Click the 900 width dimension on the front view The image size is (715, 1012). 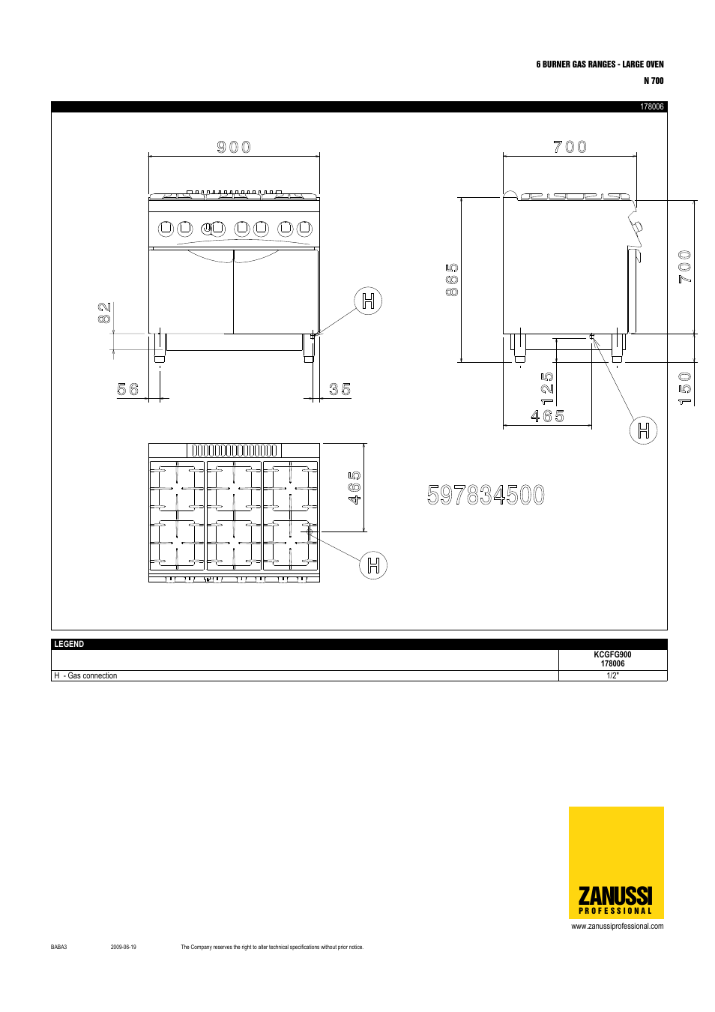[234, 147]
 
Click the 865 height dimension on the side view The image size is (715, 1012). [452, 280]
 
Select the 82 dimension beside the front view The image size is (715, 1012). [104, 313]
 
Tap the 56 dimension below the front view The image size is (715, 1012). [128, 389]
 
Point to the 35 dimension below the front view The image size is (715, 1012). [340, 389]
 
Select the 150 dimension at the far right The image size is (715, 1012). [685, 388]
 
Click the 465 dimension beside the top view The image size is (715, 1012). [355, 487]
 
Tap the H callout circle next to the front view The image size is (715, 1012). [368, 301]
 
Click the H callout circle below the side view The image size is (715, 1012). [643, 430]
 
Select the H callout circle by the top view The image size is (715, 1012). [373, 564]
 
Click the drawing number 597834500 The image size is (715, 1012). [486, 495]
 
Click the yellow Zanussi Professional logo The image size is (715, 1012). [616, 863]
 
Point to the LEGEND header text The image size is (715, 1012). [69, 644]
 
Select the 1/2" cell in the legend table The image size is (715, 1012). [612, 675]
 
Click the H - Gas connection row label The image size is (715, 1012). [85, 675]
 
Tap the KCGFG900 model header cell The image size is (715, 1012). [612, 659]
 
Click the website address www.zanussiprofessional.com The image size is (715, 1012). [617, 926]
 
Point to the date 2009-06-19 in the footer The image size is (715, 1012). [124, 947]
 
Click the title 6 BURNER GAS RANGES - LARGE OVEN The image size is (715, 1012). [600, 64]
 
